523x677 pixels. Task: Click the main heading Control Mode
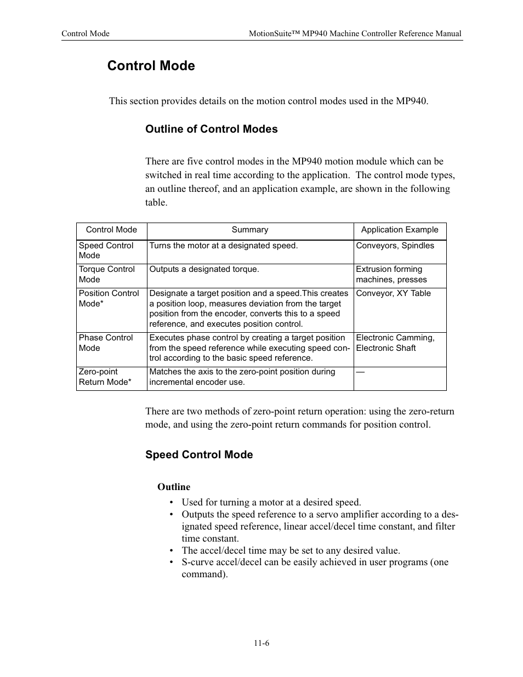coord(151,66)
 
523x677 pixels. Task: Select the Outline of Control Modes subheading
coord(211,129)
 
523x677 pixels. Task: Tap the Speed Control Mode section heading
coord(199,454)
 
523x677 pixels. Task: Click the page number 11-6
coord(261,643)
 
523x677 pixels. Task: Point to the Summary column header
coord(249,230)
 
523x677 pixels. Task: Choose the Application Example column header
coord(399,230)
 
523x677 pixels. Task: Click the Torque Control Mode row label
coord(106,274)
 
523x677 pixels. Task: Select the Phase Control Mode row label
coord(106,343)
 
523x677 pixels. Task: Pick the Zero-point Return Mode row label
coord(105,377)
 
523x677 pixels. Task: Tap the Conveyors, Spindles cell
coord(395,246)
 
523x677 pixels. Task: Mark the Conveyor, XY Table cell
coord(393,293)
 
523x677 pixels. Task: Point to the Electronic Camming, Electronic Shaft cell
coord(395,343)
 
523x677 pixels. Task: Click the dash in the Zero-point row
coord(360,372)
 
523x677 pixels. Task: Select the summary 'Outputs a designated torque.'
coord(204,269)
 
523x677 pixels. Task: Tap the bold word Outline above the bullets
coord(174,487)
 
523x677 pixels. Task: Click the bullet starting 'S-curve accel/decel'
coord(315,568)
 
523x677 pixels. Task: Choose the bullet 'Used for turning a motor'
coord(271,502)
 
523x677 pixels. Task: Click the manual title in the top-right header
coord(355,33)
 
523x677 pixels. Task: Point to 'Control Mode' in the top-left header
coord(86,33)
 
